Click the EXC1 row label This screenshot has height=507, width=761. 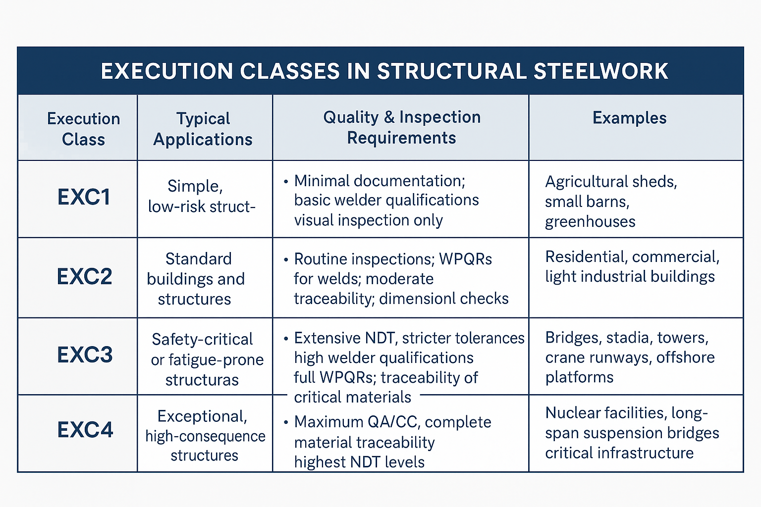84,197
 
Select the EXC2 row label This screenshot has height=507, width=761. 85,276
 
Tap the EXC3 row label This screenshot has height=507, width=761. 85,355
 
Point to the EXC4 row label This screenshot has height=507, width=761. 85,429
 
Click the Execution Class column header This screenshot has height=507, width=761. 83,129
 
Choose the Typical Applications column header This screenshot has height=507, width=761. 203,129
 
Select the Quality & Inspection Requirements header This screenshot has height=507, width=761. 401,127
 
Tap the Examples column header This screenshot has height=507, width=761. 629,118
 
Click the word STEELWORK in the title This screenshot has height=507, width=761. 601,71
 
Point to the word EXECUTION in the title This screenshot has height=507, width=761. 167,71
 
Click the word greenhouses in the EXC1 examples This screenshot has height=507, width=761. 590,221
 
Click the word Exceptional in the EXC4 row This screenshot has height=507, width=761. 202,416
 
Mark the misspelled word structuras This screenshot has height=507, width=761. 202,380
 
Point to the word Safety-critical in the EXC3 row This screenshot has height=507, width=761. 202,339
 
